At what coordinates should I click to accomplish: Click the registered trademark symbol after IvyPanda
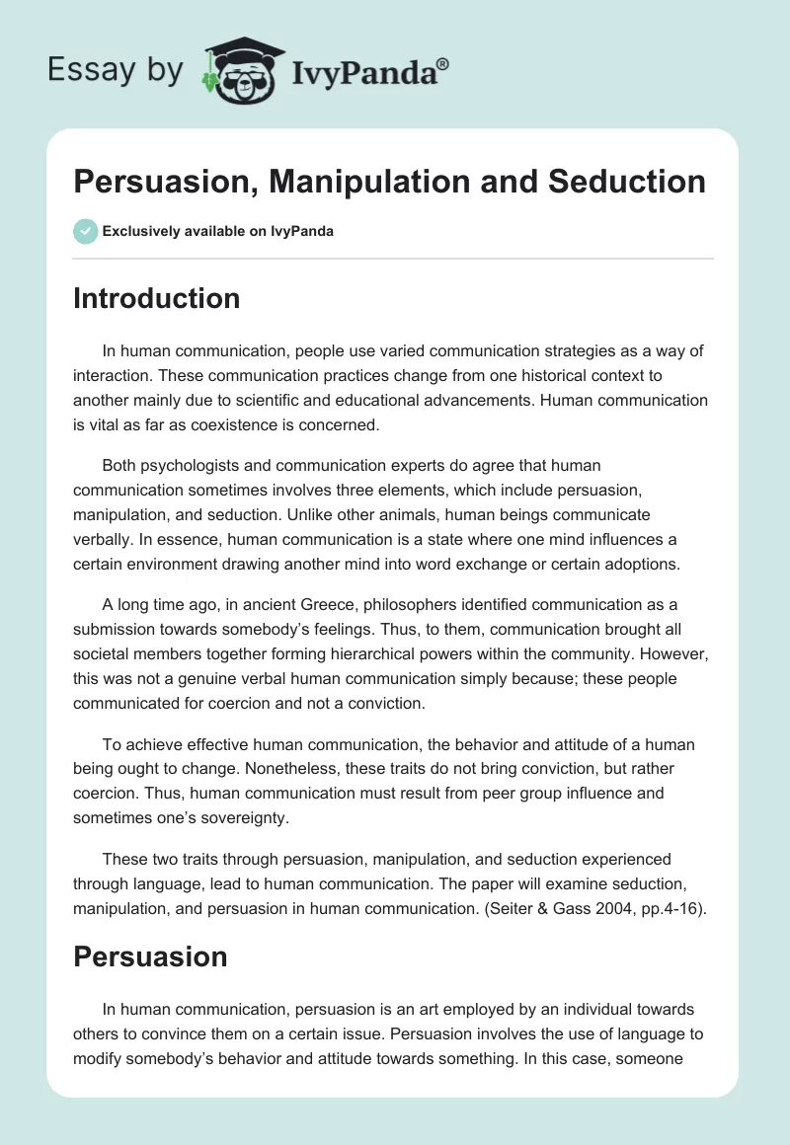tap(443, 64)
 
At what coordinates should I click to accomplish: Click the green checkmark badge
tap(85, 231)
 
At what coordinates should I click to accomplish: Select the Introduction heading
tap(156, 298)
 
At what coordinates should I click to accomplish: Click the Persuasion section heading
tap(150, 956)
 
